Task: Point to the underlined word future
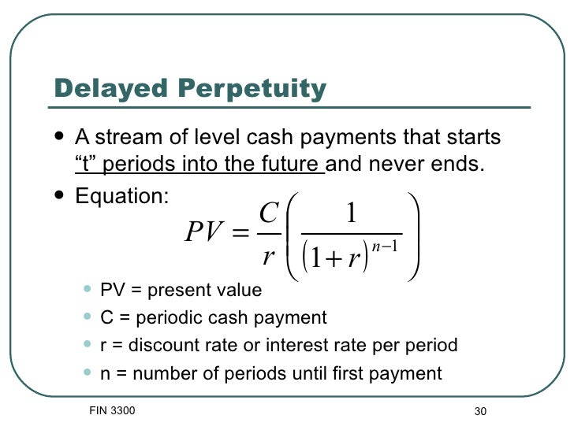289,166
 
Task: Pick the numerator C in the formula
268,213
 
